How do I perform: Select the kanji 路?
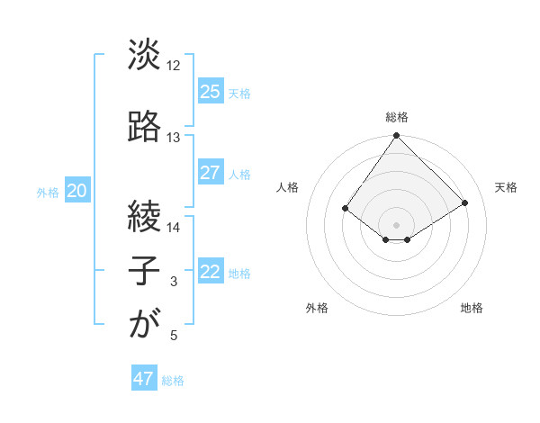[144, 127]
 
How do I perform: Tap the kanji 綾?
[144, 217]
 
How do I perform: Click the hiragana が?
[144, 324]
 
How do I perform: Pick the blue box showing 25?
[210, 91]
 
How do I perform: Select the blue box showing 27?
[210, 173]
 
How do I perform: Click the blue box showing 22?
[210, 273]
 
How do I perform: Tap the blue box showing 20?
[77, 191]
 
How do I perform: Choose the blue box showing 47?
[144, 379]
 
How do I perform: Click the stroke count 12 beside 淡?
[173, 66]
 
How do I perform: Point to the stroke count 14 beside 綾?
[173, 228]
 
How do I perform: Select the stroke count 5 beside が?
[173, 336]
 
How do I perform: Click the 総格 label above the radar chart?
[396, 117]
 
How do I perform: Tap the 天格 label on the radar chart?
[506, 187]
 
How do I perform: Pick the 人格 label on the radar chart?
[287, 187]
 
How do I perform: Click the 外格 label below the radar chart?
[317, 308]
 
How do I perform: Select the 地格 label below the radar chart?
[472, 308]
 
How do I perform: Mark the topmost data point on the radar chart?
[396, 136]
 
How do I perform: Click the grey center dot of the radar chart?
[396, 224]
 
